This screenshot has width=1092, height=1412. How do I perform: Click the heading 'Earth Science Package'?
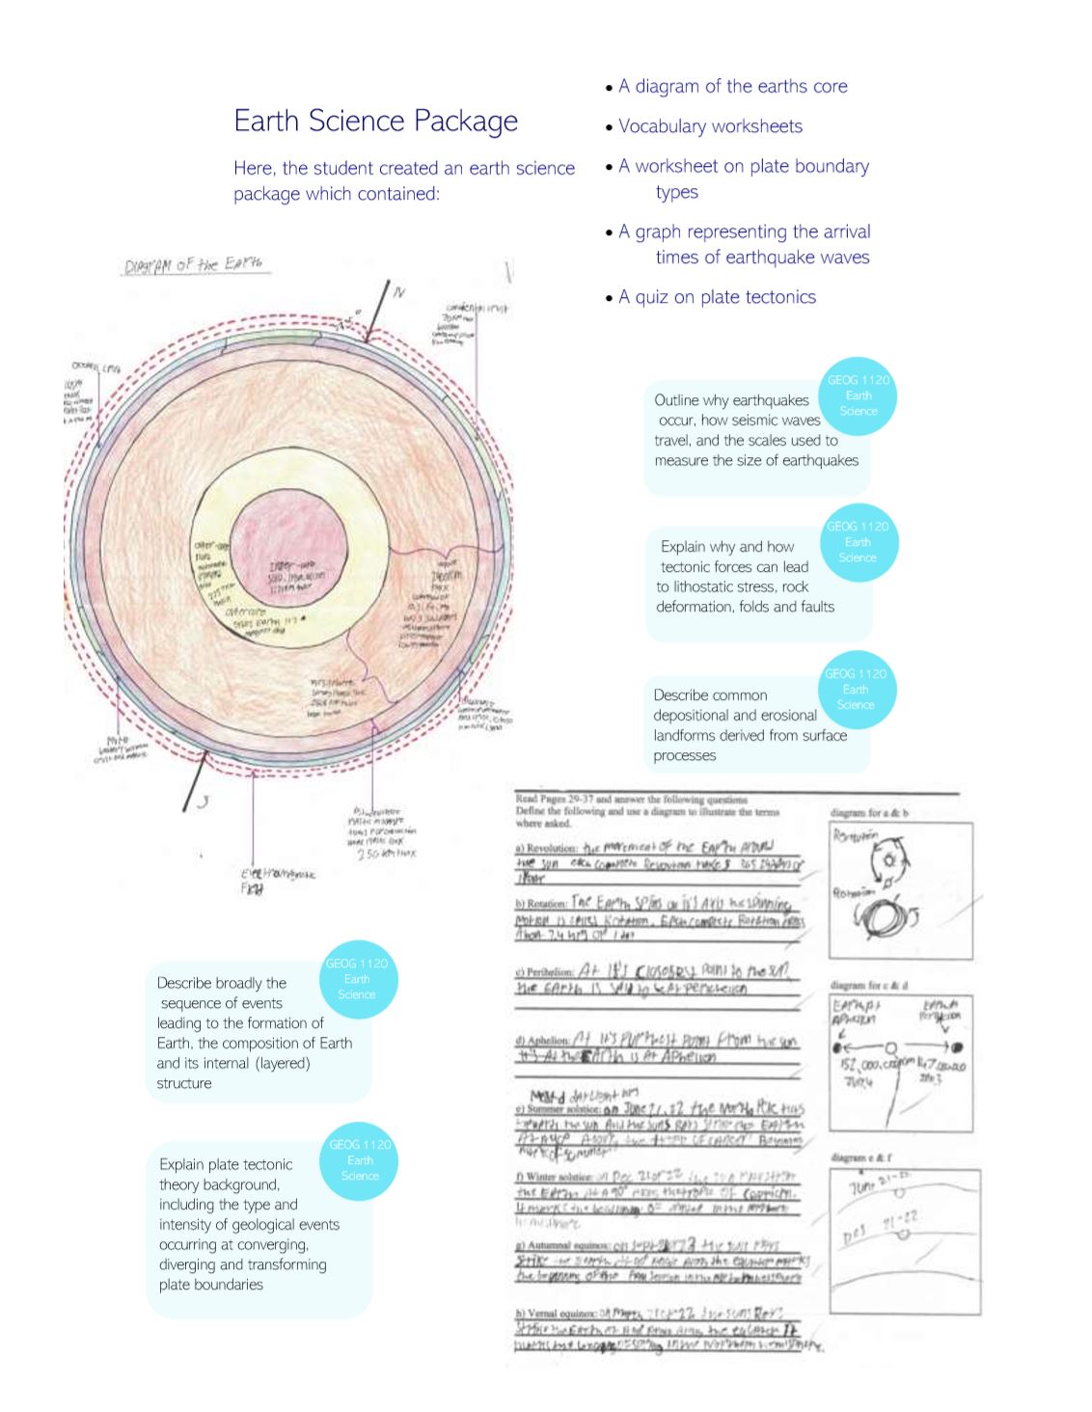tap(375, 121)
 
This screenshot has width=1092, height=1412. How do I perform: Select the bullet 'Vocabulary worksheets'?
tap(710, 126)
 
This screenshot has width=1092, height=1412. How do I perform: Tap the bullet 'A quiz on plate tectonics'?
tap(717, 297)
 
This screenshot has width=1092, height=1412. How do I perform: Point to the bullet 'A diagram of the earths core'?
tap(732, 87)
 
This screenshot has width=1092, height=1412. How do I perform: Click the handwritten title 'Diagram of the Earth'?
tap(195, 265)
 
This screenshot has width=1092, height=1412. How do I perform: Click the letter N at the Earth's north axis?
tap(399, 291)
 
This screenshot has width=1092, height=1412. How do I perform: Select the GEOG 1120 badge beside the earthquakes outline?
tap(858, 396)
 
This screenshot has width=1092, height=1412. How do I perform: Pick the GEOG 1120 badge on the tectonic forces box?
tap(857, 542)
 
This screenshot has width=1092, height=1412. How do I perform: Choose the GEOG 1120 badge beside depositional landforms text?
tap(856, 690)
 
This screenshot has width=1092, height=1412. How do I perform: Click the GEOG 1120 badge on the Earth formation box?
tap(357, 979)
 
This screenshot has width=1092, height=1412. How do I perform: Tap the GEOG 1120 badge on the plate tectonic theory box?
tap(360, 1160)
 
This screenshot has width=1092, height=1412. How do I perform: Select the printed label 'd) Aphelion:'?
tap(542, 1041)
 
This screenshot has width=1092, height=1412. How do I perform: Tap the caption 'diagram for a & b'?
tap(869, 813)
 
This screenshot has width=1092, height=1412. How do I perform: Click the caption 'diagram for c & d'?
tap(869, 986)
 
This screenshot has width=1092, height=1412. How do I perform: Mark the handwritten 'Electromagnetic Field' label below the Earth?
tap(277, 880)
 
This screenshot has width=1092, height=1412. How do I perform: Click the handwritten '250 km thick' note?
tap(386, 854)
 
